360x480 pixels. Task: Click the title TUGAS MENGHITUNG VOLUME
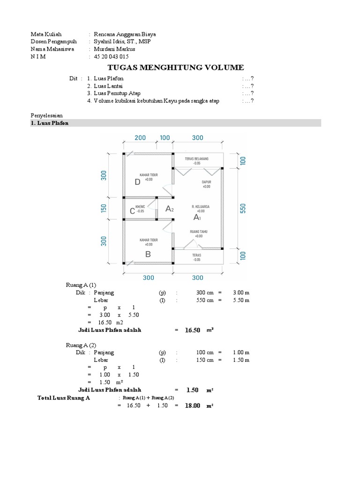point(176,67)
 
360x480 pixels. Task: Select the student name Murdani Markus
point(115,49)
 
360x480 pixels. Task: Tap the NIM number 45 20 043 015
point(111,56)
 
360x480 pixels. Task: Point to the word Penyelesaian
point(46,115)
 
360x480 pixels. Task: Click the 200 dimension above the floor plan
point(140,138)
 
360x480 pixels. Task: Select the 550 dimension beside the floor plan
point(243,208)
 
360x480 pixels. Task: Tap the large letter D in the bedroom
point(137,183)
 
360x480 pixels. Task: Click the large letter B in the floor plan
point(148,255)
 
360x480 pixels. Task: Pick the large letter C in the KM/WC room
point(132,212)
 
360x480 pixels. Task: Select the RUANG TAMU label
point(199,232)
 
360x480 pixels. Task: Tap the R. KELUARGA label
point(200,206)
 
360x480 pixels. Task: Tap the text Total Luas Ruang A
point(64,398)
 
